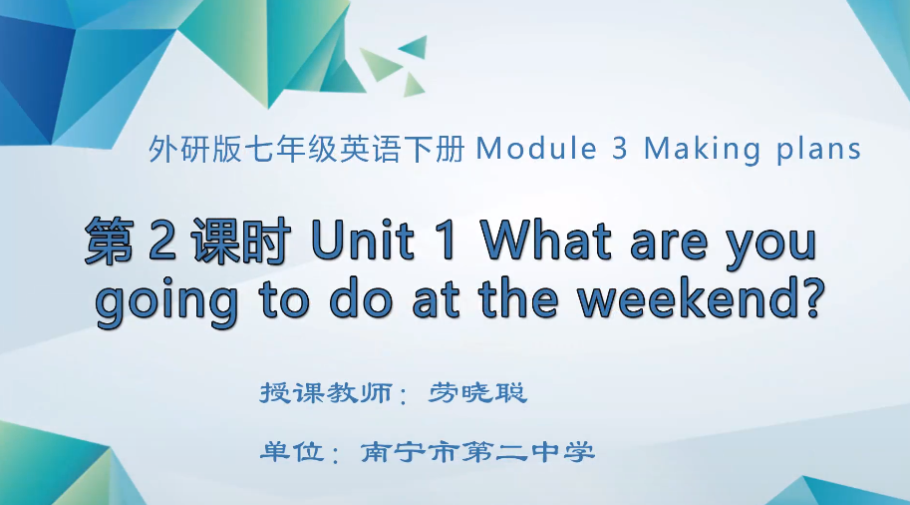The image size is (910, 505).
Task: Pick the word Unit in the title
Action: pyautogui.click(x=363, y=244)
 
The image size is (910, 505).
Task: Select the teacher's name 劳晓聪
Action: pyautogui.click(x=478, y=392)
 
